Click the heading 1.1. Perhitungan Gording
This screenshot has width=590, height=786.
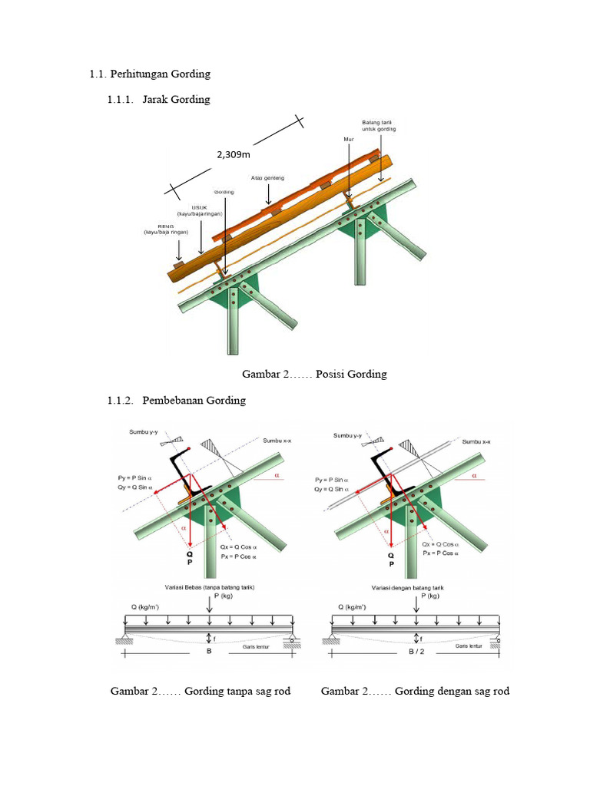150,74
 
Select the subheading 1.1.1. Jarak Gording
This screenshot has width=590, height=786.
158,100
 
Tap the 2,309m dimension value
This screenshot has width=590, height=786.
234,154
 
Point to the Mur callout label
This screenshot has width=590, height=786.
348,139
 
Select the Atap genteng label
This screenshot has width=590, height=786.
267,177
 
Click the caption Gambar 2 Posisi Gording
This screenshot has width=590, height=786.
314,375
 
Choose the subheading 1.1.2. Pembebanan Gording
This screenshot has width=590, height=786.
176,401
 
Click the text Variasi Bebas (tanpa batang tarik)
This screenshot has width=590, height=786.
209,586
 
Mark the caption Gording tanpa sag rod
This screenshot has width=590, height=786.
201,692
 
